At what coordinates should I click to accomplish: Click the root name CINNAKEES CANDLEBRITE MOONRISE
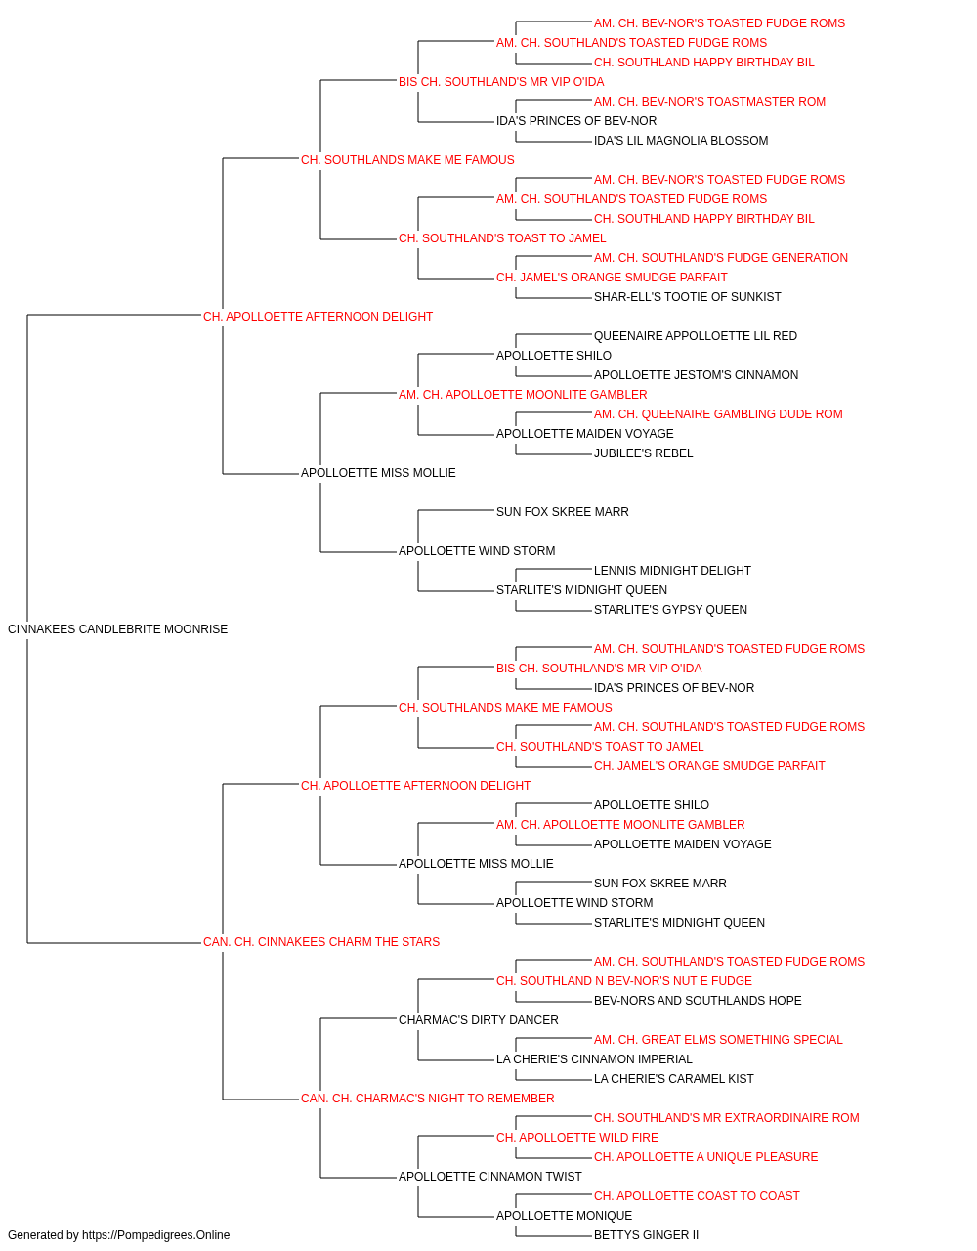pos(117,629)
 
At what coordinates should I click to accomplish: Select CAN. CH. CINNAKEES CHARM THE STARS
pos(321,942)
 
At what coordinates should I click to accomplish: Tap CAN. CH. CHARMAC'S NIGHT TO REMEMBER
pos(428,1099)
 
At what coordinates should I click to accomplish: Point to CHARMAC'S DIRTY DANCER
pos(478,1020)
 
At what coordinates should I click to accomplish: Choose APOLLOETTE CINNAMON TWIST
pos(490,1177)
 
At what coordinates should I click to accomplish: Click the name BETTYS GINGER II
pos(646,1235)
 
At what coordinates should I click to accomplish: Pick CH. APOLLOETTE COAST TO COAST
pos(697,1196)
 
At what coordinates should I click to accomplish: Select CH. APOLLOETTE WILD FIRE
pos(577,1138)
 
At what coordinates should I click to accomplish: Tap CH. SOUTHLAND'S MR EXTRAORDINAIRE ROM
pos(727,1118)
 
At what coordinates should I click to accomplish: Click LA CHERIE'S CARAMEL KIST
pos(674,1079)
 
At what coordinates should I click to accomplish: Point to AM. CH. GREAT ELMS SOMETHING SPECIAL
pos(718,1040)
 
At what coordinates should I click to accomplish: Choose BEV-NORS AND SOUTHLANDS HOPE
pos(698,1001)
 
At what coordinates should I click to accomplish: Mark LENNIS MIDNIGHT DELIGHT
pos(672,571)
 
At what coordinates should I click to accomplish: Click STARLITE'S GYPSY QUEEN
pos(670,610)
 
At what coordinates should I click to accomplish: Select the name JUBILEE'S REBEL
pos(643,453)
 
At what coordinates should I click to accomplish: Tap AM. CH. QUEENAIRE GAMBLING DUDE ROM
pos(718,414)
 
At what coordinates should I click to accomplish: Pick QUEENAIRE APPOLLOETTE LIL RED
pos(696,335)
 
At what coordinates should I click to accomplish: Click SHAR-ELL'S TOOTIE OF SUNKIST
pos(688,296)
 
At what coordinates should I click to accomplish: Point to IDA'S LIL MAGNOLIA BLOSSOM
pos(681,141)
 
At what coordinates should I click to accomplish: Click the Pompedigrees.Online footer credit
pos(118,1235)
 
